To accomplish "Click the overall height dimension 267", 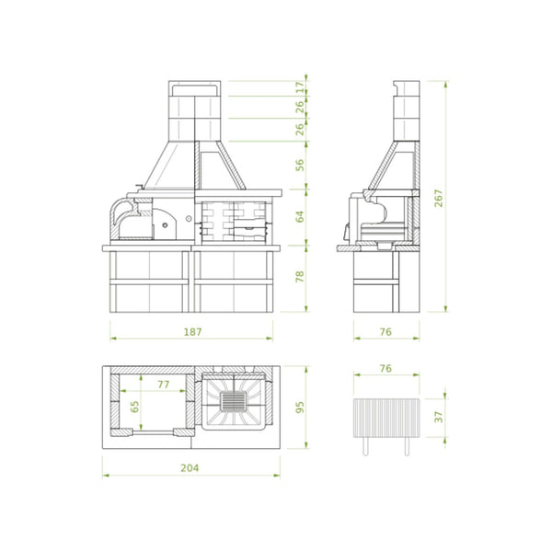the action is (x=438, y=198).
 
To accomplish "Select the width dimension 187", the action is (x=192, y=332).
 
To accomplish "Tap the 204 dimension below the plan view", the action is (x=190, y=468).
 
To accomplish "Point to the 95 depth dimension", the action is (x=300, y=408).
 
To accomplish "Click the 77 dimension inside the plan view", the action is (x=164, y=385).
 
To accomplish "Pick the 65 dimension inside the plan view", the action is (x=135, y=407).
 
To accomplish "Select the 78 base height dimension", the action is (x=300, y=276).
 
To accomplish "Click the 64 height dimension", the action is (x=300, y=217).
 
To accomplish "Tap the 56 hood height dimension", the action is (x=300, y=165).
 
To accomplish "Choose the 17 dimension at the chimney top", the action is (x=300, y=87).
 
